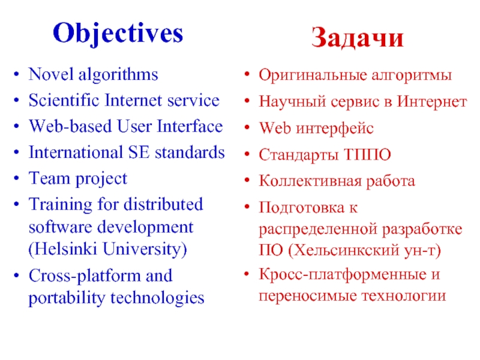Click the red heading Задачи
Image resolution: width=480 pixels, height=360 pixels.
[358, 39]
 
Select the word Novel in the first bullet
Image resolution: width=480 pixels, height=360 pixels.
[48, 75]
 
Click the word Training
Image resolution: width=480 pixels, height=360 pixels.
[56, 204]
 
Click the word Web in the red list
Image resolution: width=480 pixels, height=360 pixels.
[271, 128]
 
